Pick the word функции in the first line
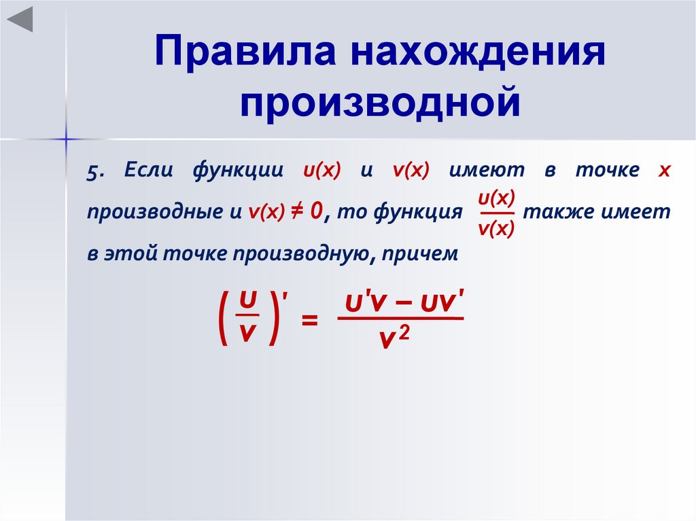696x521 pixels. (x=237, y=172)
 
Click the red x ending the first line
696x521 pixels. (x=664, y=171)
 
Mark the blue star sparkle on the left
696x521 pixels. (x=66, y=139)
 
